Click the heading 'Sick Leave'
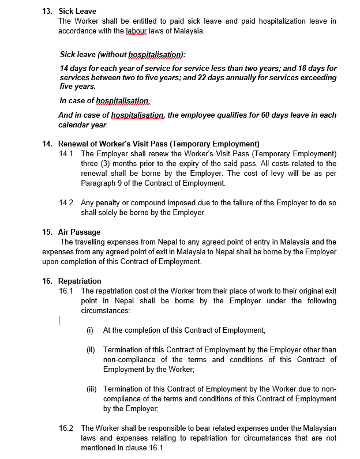[x=77, y=12]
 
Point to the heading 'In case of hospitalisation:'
[x=104, y=100]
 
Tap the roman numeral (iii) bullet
[x=91, y=389]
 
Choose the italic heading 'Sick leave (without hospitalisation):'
[x=122, y=54]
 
